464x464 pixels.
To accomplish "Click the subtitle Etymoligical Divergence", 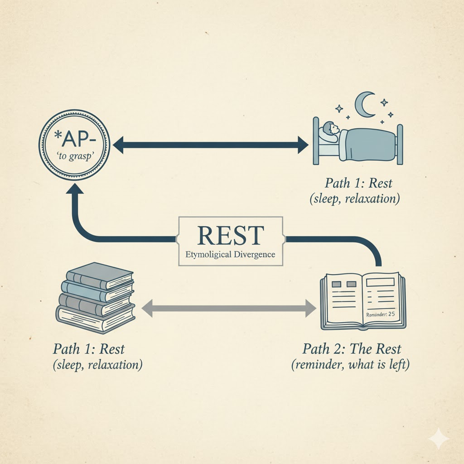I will (x=230, y=254).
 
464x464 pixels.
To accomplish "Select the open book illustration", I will (x=363, y=301).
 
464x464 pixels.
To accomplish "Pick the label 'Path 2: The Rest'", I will (x=352, y=349).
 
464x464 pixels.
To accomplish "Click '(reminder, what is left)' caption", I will (x=350, y=365).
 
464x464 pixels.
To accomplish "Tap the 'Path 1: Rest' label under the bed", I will (x=358, y=184).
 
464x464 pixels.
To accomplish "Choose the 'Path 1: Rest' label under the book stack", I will (x=89, y=349).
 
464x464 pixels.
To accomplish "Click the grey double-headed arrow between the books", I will (x=229, y=309).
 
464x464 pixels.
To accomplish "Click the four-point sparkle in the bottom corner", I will (x=439, y=439).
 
